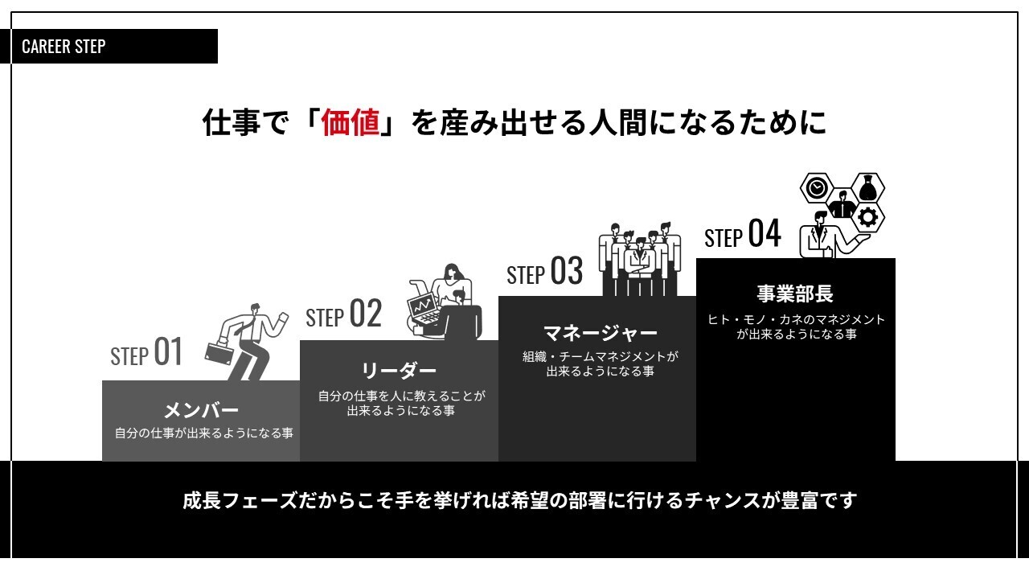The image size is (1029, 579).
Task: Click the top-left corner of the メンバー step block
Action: click(102, 380)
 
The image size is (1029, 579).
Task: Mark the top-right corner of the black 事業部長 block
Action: click(896, 258)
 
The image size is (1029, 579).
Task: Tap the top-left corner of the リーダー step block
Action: click(300, 340)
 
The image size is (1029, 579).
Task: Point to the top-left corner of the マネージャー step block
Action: click(498, 297)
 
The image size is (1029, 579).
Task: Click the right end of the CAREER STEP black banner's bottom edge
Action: click(218, 64)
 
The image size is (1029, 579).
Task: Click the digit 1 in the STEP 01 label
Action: click(176, 351)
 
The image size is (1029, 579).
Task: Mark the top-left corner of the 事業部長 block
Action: click(696, 258)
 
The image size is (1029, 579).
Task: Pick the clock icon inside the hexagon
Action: click(816, 188)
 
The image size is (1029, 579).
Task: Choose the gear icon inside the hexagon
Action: click(867, 217)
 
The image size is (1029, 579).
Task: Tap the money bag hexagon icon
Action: click(867, 187)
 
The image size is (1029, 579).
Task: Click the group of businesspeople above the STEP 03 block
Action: click(640, 260)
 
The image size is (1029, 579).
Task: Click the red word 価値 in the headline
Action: click(351, 123)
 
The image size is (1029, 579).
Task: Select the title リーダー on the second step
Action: click(399, 371)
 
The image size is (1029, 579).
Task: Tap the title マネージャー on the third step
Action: click(600, 333)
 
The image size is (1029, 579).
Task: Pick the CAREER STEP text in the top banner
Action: click(64, 47)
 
